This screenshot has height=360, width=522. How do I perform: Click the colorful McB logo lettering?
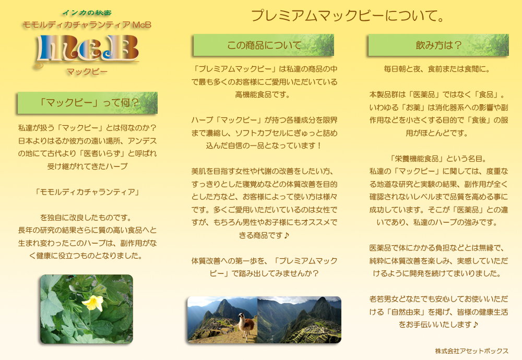coord(87,49)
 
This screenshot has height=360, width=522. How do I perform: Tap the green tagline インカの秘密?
coord(87,13)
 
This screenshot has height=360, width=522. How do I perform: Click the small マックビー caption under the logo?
coord(87,72)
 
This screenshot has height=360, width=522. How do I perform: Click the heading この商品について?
coord(264,45)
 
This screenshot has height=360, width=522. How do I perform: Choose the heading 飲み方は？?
coord(438,45)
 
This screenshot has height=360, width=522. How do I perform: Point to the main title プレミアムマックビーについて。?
coord(348,16)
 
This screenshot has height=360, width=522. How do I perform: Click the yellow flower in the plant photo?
coord(93,303)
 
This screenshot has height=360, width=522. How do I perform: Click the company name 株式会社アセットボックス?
coord(471,351)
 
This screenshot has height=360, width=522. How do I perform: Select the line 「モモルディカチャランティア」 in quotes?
coord(87,192)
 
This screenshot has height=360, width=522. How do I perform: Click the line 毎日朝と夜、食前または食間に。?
coord(437,69)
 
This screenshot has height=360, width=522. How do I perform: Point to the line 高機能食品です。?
coord(263,95)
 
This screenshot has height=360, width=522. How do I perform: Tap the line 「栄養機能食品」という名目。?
coord(438,159)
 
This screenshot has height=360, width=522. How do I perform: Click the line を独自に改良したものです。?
coord(86,218)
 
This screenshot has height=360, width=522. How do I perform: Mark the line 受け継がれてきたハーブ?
coord(87,166)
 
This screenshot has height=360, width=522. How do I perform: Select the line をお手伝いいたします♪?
coord(438,325)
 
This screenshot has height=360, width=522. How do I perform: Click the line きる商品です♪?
coord(264,235)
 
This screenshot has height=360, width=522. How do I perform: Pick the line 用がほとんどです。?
coord(437,133)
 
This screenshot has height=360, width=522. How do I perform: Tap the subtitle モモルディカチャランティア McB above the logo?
coord(87,25)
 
